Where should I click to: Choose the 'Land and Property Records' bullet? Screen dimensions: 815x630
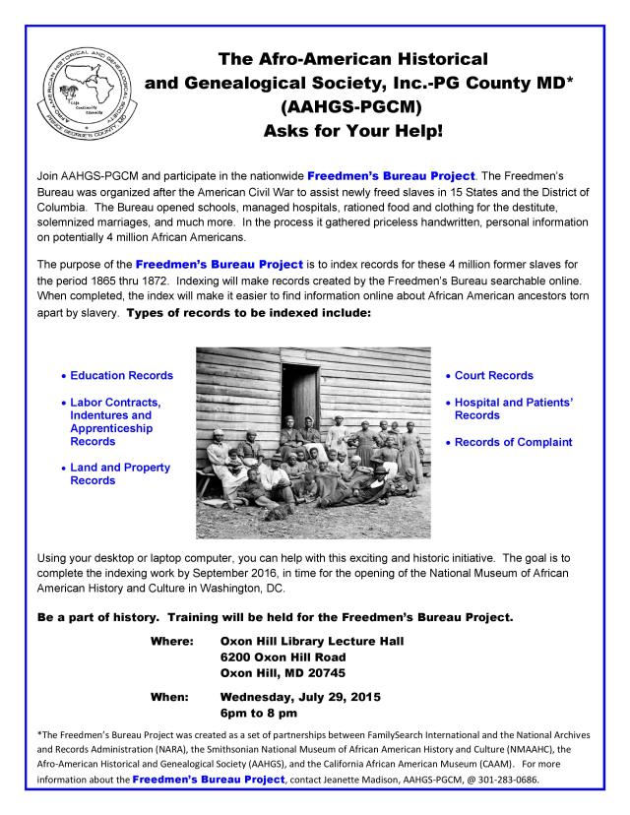coord(119,473)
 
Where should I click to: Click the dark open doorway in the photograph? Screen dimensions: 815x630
coord(294,380)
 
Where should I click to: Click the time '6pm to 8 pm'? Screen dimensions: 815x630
coord(259,713)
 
